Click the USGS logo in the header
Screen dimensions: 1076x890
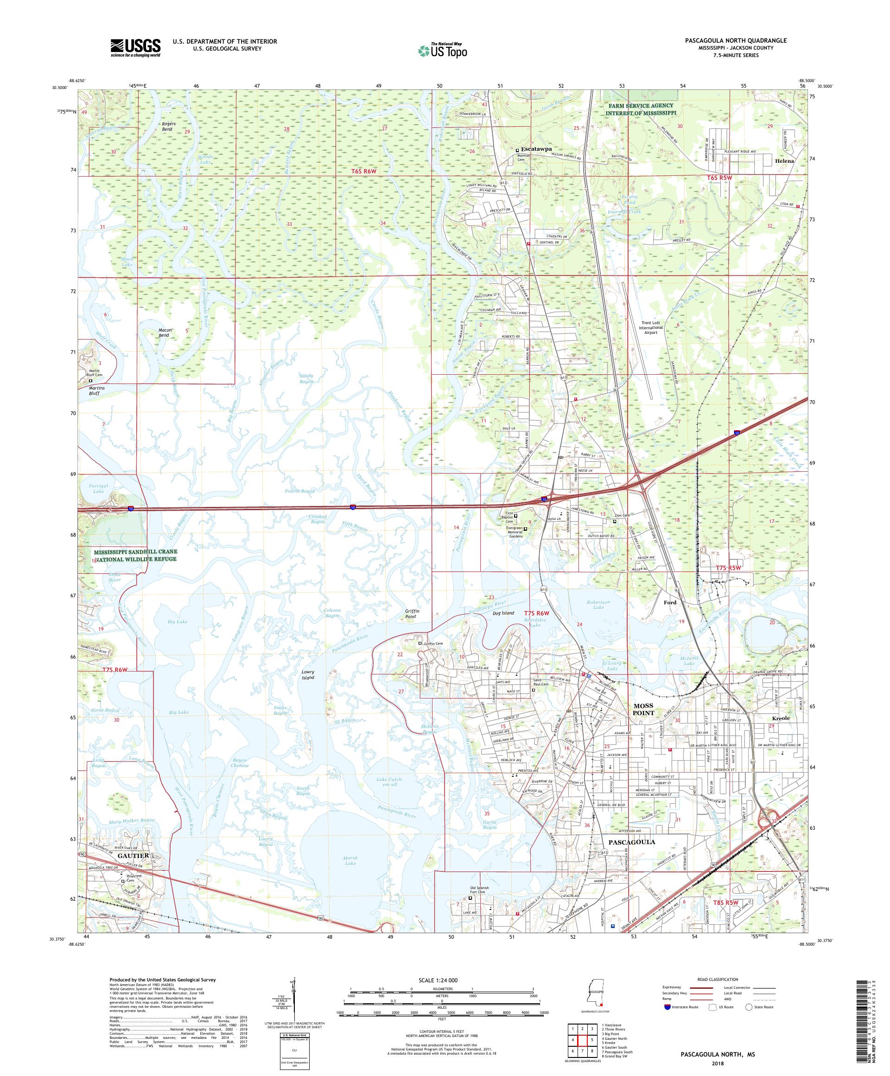(x=135, y=48)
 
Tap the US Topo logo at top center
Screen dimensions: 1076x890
(x=442, y=50)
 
